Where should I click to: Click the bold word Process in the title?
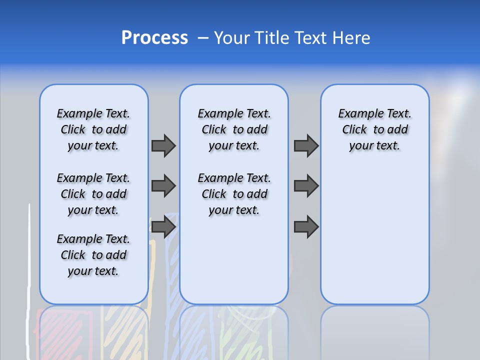coord(154,37)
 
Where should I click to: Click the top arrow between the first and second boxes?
coord(163,145)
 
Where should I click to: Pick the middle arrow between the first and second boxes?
coord(163,186)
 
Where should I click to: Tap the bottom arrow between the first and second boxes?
coord(163,227)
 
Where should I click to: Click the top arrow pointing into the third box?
coord(306,145)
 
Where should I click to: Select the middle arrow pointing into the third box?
coord(306,186)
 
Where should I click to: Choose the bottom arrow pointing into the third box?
coord(306,227)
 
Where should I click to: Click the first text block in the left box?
coord(93,129)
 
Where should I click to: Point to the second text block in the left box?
coord(93,194)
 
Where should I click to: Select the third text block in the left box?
coord(93,255)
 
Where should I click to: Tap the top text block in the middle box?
coord(234,129)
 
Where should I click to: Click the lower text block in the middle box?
coord(234,194)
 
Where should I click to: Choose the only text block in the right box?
coord(374,129)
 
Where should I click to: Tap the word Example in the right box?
coord(356,114)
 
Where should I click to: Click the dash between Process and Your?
coord(203,38)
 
